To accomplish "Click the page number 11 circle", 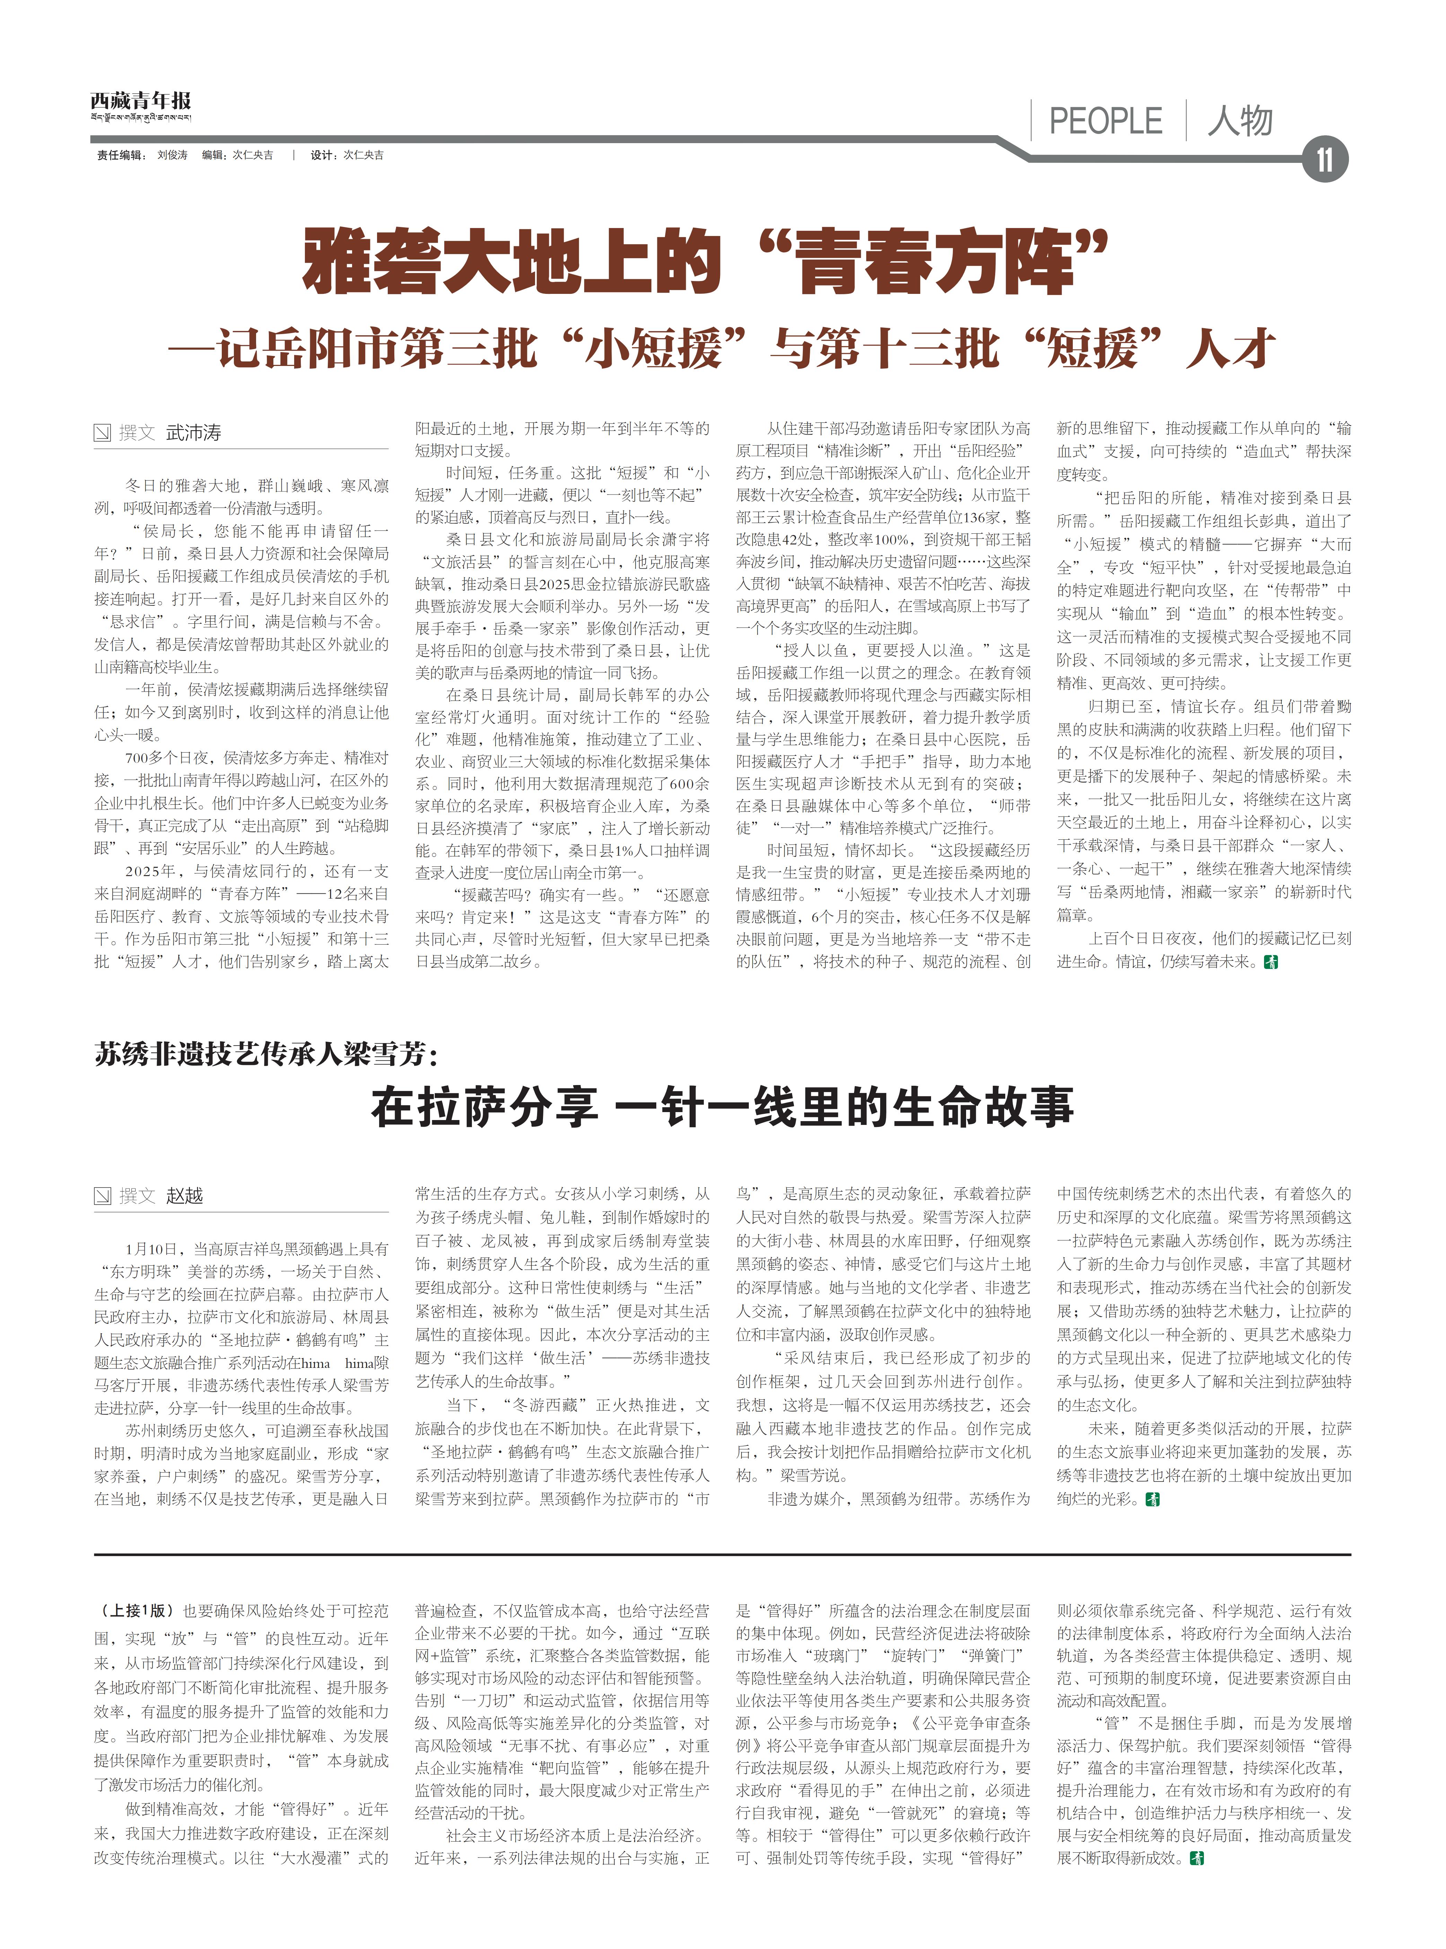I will (x=1324, y=160).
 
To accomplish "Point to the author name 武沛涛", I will (x=193, y=432).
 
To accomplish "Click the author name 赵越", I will (x=185, y=1196).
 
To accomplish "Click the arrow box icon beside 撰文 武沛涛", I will (x=103, y=432).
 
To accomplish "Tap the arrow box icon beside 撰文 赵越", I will (x=103, y=1196).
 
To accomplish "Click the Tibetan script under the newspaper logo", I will (x=140, y=117).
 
